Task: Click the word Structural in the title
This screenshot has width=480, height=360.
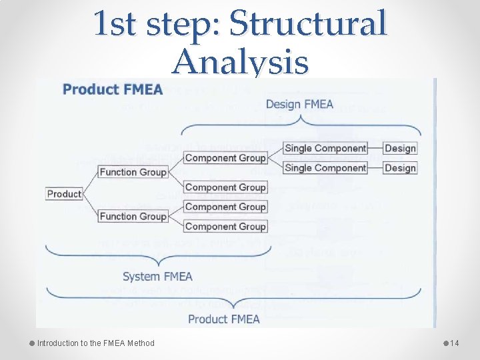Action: pyautogui.click(x=307, y=24)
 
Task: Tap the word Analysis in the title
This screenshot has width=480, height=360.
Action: pyautogui.click(x=240, y=63)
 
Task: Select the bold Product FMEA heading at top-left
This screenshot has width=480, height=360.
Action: pyautogui.click(x=113, y=89)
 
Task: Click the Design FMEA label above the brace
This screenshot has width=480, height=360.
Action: pyautogui.click(x=299, y=104)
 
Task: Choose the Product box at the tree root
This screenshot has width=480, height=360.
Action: pyautogui.click(x=64, y=194)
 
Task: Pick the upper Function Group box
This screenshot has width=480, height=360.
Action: pyautogui.click(x=133, y=172)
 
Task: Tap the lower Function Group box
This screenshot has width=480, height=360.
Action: pyautogui.click(x=133, y=216)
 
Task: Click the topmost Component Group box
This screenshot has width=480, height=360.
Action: pyautogui.click(x=225, y=158)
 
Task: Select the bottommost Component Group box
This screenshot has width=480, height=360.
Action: pyautogui.click(x=225, y=227)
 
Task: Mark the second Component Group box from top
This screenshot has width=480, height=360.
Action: pyautogui.click(x=225, y=187)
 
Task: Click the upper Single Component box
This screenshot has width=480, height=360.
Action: pyautogui.click(x=325, y=148)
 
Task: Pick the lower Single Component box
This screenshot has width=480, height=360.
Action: pyautogui.click(x=325, y=168)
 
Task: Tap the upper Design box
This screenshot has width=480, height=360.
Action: pyautogui.click(x=400, y=148)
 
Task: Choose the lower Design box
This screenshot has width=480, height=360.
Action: pyautogui.click(x=400, y=168)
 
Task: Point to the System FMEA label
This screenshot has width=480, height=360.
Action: pyautogui.click(x=157, y=276)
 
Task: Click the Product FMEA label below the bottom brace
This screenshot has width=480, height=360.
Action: pyautogui.click(x=223, y=319)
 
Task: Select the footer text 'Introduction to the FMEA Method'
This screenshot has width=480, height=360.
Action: pyautogui.click(x=95, y=343)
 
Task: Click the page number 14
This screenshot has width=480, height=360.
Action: pyautogui.click(x=455, y=343)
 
